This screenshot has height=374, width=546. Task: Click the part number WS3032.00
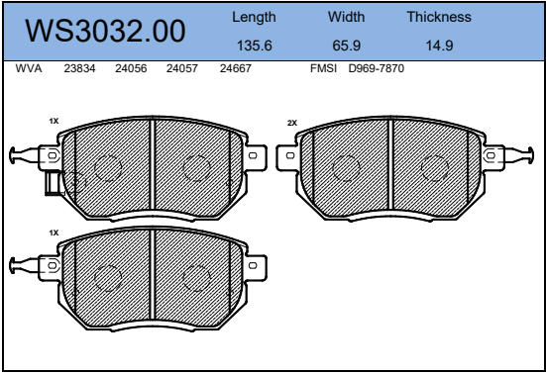point(105,31)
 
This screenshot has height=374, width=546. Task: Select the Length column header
point(254,18)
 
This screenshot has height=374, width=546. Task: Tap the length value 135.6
point(255,46)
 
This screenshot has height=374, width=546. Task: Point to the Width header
point(346,17)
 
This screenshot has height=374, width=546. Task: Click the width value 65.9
point(347,46)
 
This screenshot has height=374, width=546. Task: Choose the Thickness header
point(439,17)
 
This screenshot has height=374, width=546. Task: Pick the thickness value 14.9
point(439,46)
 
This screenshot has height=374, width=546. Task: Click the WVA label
point(29,68)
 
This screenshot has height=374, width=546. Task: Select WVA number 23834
point(79,68)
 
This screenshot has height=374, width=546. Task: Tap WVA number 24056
point(131,68)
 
